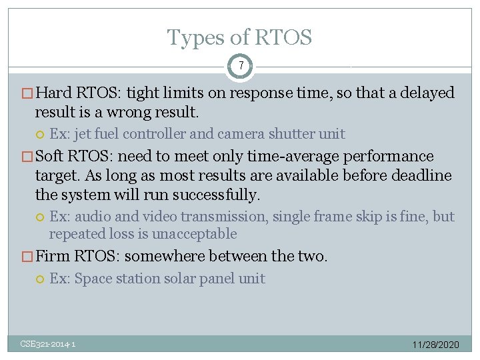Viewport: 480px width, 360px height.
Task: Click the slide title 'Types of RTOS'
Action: (x=239, y=38)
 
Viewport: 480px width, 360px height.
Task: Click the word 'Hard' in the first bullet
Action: (x=55, y=93)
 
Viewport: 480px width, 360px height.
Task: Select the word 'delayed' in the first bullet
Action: (x=427, y=93)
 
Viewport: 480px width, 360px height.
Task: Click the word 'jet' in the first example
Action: (x=82, y=134)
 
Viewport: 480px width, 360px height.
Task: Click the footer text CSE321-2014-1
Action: (x=47, y=344)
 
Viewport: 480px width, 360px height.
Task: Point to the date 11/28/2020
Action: (x=435, y=345)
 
